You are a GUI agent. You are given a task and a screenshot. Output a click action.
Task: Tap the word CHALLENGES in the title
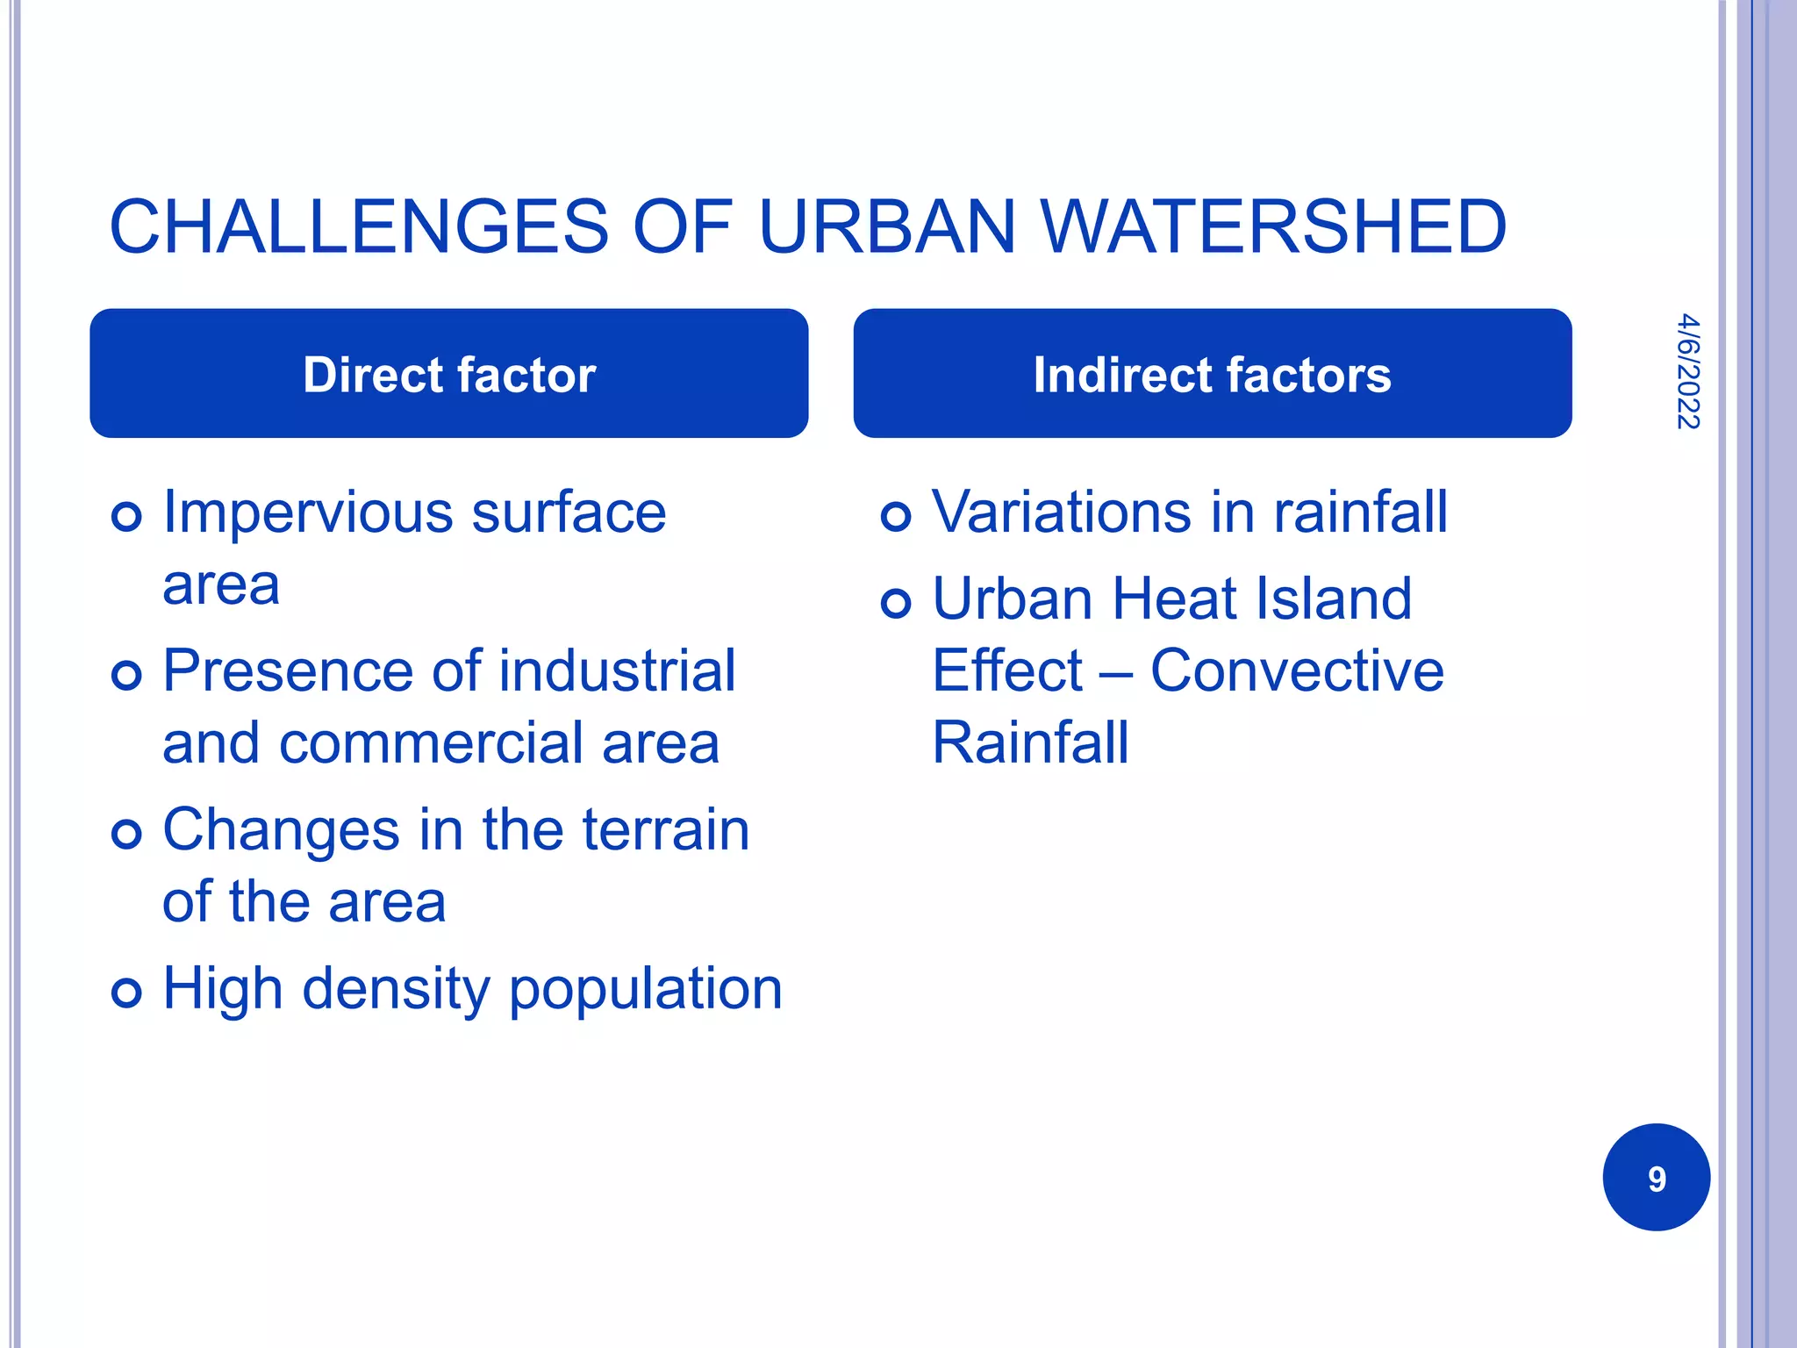click(x=358, y=227)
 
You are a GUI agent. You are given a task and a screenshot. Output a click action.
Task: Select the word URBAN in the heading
click(x=886, y=227)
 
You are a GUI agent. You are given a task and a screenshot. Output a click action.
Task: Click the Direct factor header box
click(x=448, y=374)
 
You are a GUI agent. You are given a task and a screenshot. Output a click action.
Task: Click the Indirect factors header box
click(x=1212, y=374)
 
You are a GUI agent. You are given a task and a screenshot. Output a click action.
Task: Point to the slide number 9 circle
click(x=1656, y=1177)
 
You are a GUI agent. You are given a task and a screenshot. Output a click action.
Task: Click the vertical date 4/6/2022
click(x=1687, y=371)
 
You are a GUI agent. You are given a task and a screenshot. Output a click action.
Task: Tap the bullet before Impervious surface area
click(x=127, y=516)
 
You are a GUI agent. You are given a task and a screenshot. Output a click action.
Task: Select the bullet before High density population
click(x=127, y=993)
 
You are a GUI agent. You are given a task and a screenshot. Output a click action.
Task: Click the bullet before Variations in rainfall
click(x=896, y=516)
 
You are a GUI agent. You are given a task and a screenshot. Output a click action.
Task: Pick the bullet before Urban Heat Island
click(x=896, y=603)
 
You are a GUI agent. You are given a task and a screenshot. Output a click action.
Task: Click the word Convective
click(x=1297, y=671)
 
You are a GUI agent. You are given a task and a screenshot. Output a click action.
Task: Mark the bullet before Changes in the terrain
click(x=127, y=834)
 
